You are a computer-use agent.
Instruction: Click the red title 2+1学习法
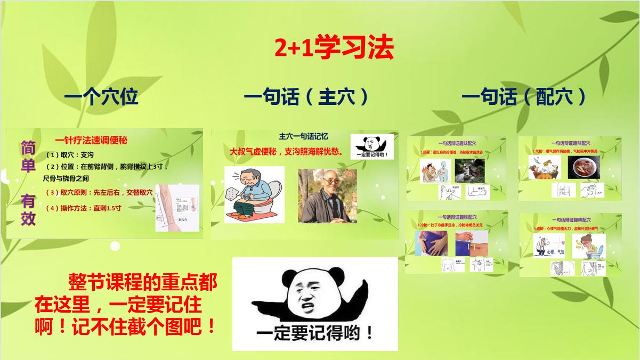pos(334,48)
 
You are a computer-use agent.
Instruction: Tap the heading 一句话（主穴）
pos(306,97)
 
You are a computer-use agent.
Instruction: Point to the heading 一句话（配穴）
pos(524,97)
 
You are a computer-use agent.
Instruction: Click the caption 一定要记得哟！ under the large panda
pos(314,334)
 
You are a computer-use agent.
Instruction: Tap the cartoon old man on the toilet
pos(250,194)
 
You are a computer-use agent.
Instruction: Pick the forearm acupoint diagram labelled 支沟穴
pos(177,208)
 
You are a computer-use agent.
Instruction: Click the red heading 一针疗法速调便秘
pos(91,141)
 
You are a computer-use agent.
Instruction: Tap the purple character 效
pos(28,218)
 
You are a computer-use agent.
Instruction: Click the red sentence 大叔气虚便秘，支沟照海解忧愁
pos(286,151)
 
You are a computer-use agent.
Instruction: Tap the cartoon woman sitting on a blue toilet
pos(589,247)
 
